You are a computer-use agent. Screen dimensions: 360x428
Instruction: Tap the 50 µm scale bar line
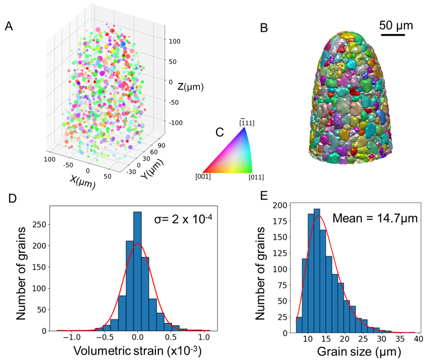393,35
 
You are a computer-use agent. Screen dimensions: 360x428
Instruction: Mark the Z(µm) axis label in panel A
191,87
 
